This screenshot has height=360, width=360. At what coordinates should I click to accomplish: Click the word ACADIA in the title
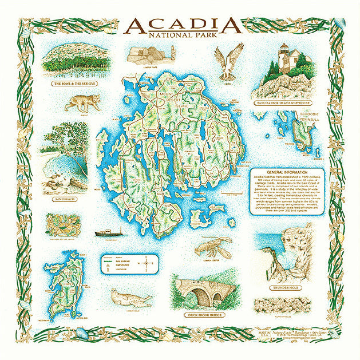point(181,25)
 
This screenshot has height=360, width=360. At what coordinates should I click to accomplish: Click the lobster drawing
point(213,248)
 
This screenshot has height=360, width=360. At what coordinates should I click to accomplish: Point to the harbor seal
point(129,298)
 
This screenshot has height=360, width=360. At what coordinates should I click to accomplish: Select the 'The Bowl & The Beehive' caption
point(74,84)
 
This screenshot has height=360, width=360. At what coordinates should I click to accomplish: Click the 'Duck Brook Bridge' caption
point(204,315)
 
